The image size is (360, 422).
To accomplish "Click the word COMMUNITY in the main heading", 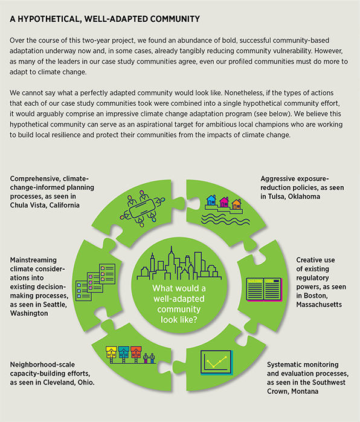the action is [175, 19].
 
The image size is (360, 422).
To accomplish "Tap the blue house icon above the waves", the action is [211, 200].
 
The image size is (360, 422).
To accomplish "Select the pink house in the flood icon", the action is [224, 201].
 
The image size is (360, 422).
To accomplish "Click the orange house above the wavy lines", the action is [236, 204].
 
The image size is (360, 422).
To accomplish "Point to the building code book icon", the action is [264, 290].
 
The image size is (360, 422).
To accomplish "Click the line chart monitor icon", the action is [216, 362].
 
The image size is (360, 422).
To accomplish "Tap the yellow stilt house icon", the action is [111, 354].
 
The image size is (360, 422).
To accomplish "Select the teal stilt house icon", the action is [124, 354].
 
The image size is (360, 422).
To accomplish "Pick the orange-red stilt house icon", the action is [136, 354].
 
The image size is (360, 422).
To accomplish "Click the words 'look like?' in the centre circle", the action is [179, 320].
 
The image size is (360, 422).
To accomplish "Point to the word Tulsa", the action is [277, 196].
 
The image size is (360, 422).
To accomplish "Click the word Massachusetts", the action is [319, 304].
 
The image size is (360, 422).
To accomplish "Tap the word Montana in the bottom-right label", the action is [305, 391].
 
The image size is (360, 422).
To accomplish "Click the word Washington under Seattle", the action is [29, 313].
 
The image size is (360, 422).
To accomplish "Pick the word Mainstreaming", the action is [33, 260].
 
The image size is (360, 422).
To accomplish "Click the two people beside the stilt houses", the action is [149, 358].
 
